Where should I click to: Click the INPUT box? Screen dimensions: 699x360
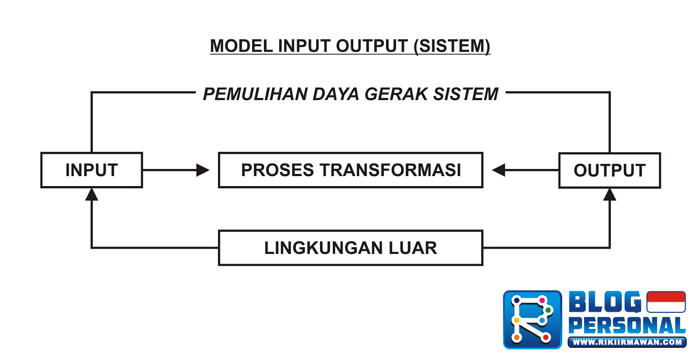92,170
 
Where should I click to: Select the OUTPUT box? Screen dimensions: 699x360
609,170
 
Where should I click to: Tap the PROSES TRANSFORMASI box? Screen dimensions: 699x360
350,170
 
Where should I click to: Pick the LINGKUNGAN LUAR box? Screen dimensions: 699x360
350,248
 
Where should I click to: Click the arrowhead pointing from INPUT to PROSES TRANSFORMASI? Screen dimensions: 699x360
203,170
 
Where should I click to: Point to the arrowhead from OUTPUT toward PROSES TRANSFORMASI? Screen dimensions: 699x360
499,170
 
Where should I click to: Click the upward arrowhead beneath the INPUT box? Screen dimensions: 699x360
92,194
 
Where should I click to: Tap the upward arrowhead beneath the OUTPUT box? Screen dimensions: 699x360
609,195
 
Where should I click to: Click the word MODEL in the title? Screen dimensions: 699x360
241,46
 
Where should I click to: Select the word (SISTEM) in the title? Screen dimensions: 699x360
452,46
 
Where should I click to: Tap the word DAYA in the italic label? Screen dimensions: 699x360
336,94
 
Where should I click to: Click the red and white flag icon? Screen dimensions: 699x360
666,302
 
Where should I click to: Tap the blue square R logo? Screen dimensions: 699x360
533,320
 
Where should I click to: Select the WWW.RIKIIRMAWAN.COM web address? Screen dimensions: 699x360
627,343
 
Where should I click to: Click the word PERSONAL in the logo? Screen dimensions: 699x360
627,325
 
